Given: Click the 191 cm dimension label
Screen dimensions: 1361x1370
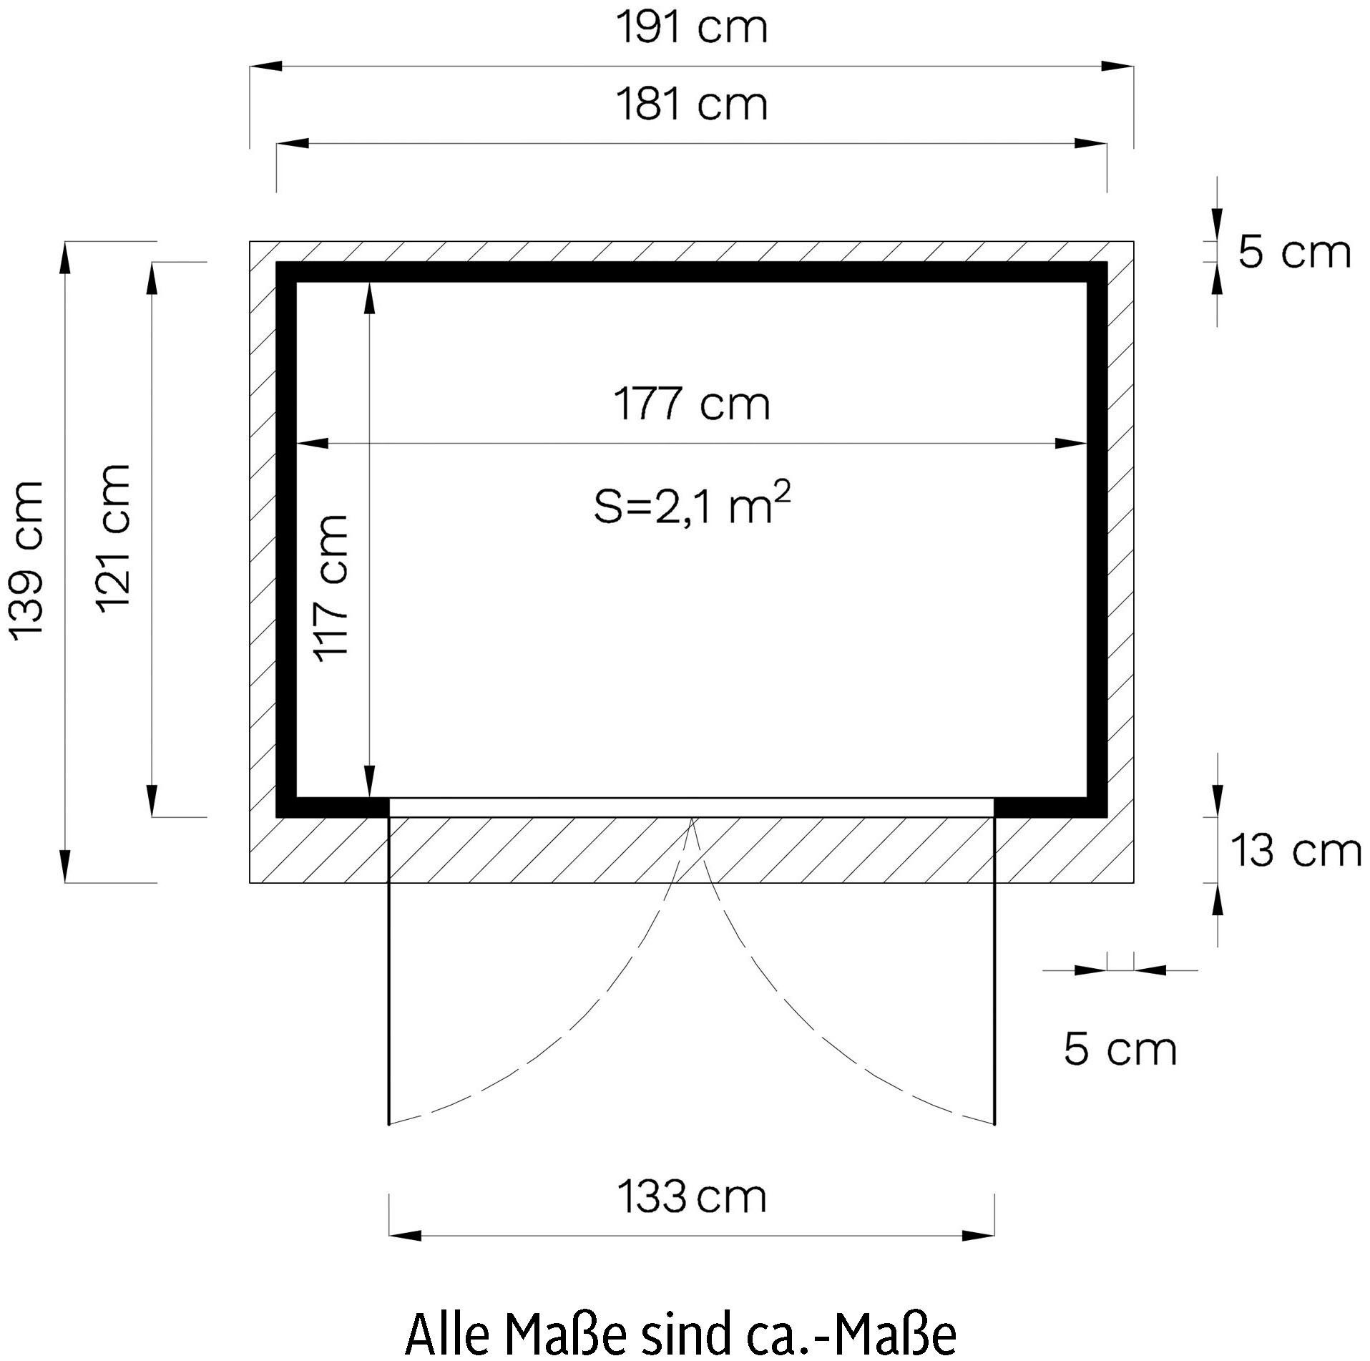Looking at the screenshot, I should coord(692,29).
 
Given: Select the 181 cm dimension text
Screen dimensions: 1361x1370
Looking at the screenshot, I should coord(692,104).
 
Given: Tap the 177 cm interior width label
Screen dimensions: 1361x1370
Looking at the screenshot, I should coord(692,404).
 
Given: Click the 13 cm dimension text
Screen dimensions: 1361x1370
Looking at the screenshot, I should coord(1295,852).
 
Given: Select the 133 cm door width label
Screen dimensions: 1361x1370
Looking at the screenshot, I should coord(692,1197).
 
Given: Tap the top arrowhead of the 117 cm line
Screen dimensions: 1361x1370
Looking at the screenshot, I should coord(368,298).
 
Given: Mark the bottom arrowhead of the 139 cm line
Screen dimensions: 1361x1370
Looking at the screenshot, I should coord(65,867).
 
